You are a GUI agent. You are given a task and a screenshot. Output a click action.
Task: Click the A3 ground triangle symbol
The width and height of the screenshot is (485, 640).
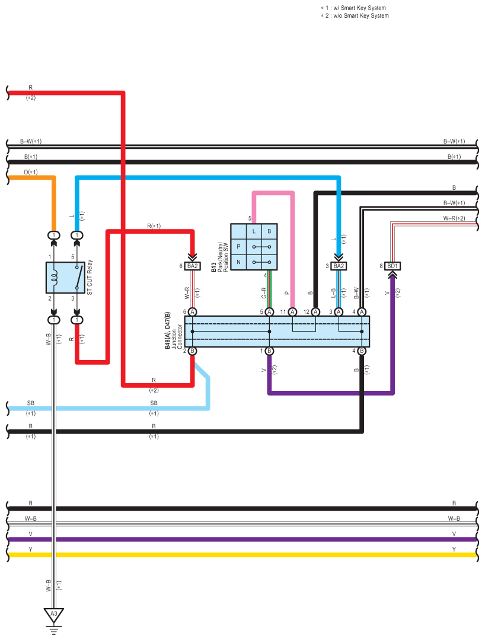[x=54, y=614]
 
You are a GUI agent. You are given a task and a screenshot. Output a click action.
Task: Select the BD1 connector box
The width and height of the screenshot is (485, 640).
[x=392, y=266]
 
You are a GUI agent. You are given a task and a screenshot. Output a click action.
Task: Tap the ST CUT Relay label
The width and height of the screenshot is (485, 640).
[x=90, y=277]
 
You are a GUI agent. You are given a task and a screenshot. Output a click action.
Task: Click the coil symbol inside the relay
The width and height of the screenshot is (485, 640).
[x=53, y=278]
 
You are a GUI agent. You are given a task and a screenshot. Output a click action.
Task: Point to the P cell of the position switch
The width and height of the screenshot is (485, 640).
[x=238, y=247]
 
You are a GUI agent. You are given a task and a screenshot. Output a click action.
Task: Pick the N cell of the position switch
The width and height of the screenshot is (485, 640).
[x=238, y=262]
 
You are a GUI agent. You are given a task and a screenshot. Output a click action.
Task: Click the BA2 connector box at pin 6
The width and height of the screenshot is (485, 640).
[x=192, y=266]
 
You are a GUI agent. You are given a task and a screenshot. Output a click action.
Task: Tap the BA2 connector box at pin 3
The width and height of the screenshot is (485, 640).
[x=339, y=266]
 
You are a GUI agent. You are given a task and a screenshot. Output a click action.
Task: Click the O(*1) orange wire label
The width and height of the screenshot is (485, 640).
[x=31, y=172]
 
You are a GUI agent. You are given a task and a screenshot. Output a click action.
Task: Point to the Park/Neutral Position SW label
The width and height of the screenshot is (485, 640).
[x=223, y=257]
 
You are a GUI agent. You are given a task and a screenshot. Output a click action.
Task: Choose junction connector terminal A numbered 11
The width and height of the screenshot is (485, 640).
[x=292, y=312]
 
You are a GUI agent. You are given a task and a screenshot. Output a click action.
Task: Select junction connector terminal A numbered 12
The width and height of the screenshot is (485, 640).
[x=315, y=312]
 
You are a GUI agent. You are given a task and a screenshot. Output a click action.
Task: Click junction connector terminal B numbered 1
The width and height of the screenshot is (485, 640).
[x=269, y=351]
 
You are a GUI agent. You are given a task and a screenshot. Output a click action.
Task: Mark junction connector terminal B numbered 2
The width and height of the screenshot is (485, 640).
[x=193, y=351]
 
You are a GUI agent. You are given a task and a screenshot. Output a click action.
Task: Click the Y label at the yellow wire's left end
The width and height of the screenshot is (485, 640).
[x=31, y=549]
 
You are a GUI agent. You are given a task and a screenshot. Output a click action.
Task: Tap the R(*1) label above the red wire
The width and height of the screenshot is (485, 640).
[x=154, y=226]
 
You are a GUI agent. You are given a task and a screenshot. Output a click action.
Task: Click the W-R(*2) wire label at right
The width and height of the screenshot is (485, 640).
[x=454, y=218]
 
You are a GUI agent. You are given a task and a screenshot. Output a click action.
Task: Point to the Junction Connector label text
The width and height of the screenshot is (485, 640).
[x=177, y=337]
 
